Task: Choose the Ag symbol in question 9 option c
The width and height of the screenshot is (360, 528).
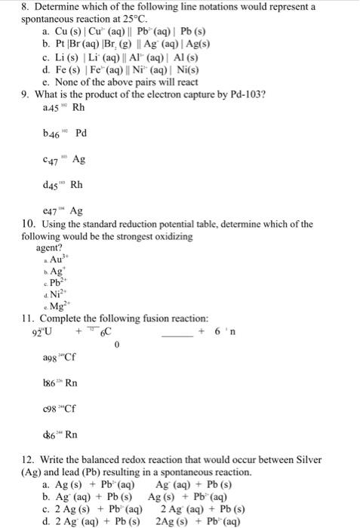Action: [x=78, y=160]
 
